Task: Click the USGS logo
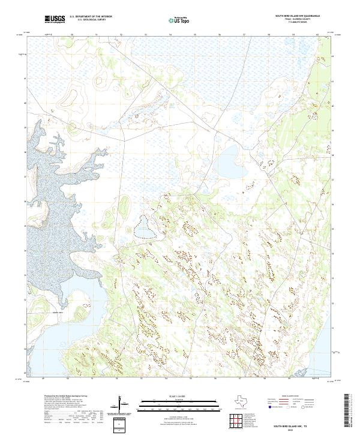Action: click(55, 20)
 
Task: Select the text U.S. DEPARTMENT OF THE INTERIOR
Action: click(91, 17)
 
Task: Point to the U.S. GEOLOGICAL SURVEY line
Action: click(91, 20)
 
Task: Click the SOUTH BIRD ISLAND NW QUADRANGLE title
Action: click(297, 16)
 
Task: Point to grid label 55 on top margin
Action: click(195, 35)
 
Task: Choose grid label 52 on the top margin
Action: click(121, 35)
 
